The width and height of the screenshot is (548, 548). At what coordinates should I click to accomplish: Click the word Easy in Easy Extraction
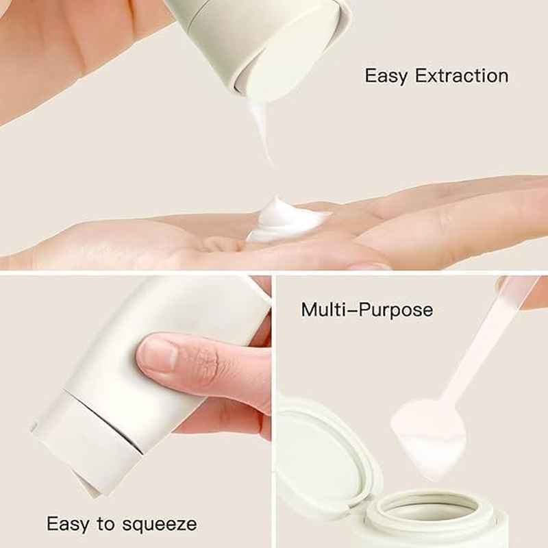pos(386,75)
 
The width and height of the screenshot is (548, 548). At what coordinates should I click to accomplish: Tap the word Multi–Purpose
pos(367,310)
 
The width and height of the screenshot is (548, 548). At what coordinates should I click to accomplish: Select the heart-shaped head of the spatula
pos(429,428)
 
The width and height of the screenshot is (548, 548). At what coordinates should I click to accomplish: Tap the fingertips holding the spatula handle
pos(531,291)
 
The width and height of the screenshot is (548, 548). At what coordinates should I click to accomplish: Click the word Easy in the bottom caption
pos(66,525)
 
